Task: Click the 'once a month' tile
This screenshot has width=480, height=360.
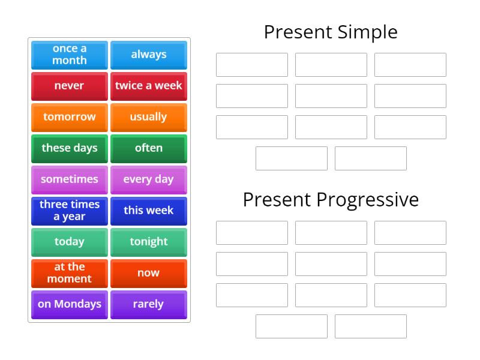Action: pos(70,55)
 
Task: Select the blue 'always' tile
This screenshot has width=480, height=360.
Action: pos(149,55)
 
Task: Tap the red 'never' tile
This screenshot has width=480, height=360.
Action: pos(70,86)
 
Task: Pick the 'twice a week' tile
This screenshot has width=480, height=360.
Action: pos(149,86)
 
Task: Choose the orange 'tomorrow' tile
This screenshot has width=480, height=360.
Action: pos(70,117)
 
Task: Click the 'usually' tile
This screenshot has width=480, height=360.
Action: pos(149,117)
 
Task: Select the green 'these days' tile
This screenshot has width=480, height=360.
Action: pos(70,148)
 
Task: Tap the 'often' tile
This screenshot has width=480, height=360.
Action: pos(149,148)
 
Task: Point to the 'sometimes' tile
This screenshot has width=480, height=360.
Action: pos(70,179)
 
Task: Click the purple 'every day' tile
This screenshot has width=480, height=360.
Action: pos(149,179)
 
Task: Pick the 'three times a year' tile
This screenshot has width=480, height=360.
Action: pos(70,211)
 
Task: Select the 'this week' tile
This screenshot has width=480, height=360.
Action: pos(149,211)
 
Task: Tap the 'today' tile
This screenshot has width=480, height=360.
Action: pos(70,242)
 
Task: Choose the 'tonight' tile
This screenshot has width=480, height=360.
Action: pos(149,242)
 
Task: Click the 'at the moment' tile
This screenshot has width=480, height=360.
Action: pos(70,273)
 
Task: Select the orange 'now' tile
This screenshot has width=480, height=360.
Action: pos(149,273)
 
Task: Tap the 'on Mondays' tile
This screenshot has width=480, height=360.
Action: pos(70,304)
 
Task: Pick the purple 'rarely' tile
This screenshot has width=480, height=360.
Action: pos(149,304)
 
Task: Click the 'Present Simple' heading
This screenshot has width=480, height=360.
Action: pos(331,32)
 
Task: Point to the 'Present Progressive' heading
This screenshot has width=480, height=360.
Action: pos(331,200)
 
